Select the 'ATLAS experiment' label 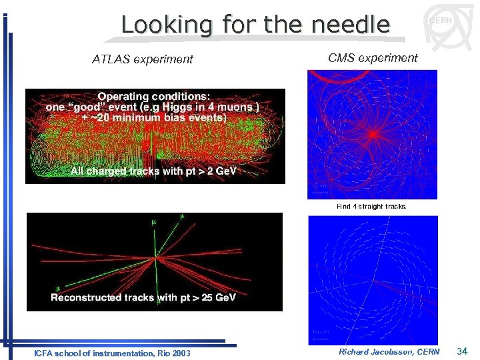(x=142, y=59)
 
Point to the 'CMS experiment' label (x=373, y=58)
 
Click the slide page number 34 (x=463, y=351)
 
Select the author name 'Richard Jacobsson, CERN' (x=389, y=351)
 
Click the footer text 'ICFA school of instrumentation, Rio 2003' (x=112, y=353)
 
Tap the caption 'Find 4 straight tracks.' (x=371, y=207)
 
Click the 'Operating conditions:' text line (x=155, y=95)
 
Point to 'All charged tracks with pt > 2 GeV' (x=154, y=171)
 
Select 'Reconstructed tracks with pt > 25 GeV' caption (x=143, y=297)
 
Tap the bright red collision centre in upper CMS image (x=374, y=133)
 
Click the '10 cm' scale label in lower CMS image (x=320, y=332)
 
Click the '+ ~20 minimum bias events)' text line (x=154, y=117)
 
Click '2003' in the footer (x=181, y=353)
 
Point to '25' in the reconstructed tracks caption (x=199, y=297)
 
